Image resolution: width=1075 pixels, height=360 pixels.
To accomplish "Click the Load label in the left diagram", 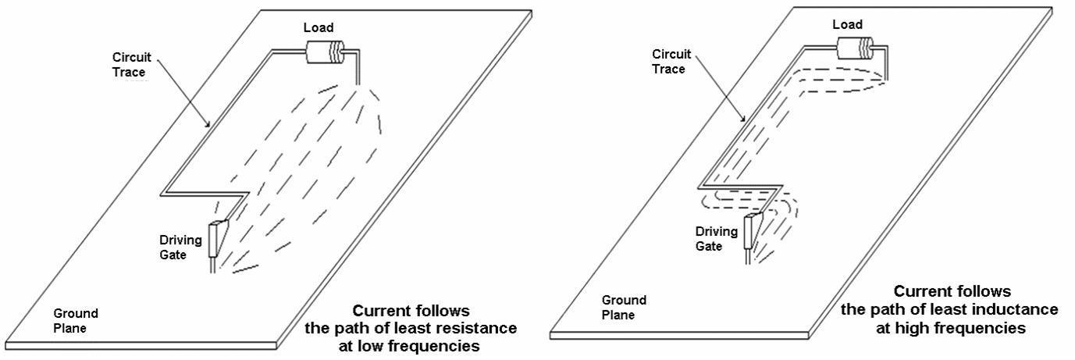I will pos(319,29).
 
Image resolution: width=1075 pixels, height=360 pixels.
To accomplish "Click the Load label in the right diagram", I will pos(847,25).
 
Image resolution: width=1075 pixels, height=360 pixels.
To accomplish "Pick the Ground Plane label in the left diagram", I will pos(77,320).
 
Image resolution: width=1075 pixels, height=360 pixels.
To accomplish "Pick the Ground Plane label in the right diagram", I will pos(624,308).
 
